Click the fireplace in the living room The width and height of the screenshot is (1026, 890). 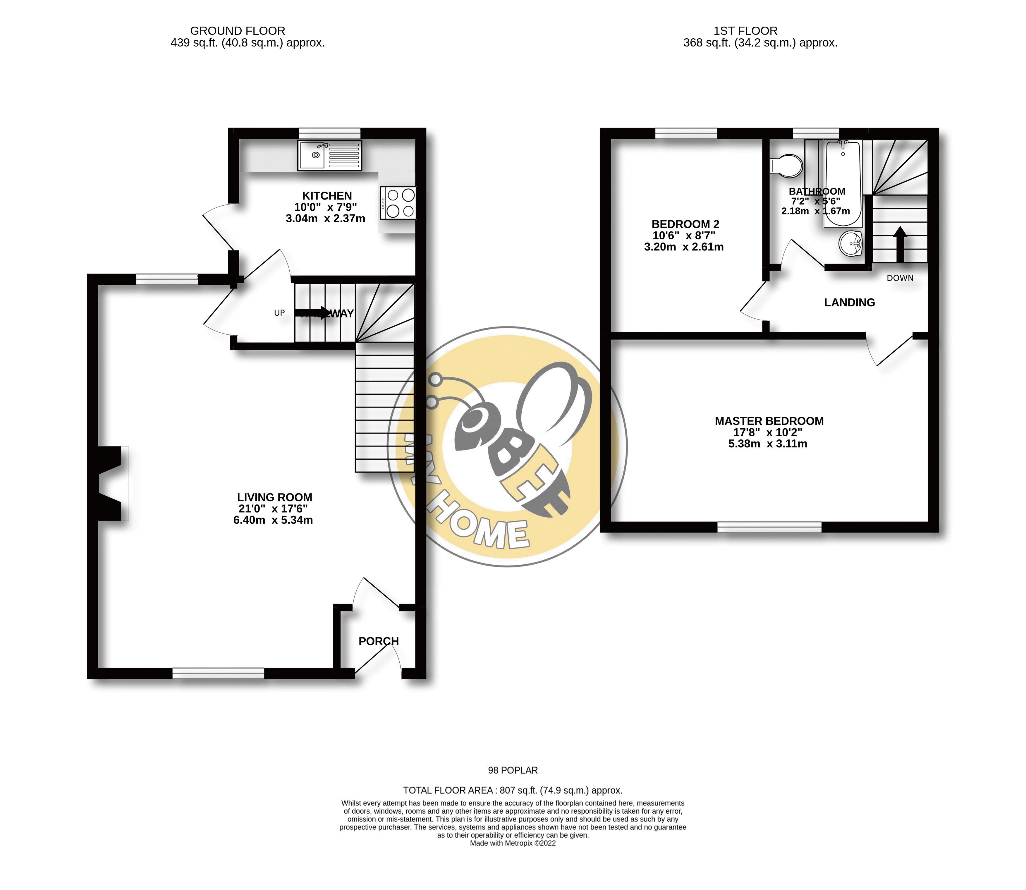(x=111, y=484)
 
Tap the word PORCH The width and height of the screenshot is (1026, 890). (x=378, y=641)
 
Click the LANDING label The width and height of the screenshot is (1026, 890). (x=849, y=303)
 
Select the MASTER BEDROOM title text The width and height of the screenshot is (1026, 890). (x=769, y=421)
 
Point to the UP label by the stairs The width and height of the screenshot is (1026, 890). (x=280, y=313)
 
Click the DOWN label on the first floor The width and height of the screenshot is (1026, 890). (x=900, y=278)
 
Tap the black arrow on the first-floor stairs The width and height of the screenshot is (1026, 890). (x=899, y=243)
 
